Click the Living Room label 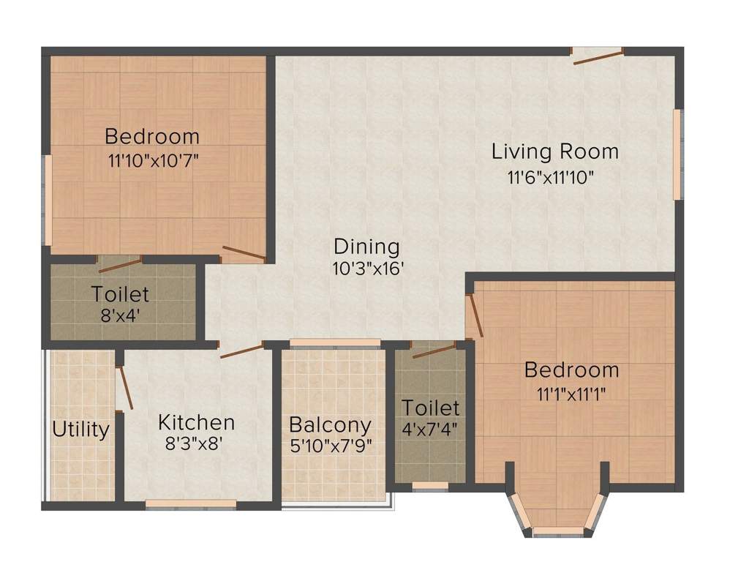(x=554, y=152)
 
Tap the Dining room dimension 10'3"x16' (x=367, y=269)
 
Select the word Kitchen (x=197, y=423)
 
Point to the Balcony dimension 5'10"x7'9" (x=330, y=446)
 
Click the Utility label (x=80, y=430)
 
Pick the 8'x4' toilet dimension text (x=119, y=316)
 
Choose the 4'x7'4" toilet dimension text (x=431, y=430)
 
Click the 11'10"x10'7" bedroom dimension (x=152, y=160)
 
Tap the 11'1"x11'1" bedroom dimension (x=571, y=392)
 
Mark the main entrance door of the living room (x=598, y=56)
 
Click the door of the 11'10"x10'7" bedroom (x=244, y=254)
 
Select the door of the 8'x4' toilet (x=119, y=264)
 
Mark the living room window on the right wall (x=677, y=154)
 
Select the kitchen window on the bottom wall (x=191, y=503)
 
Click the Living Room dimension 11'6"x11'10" (x=550, y=176)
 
